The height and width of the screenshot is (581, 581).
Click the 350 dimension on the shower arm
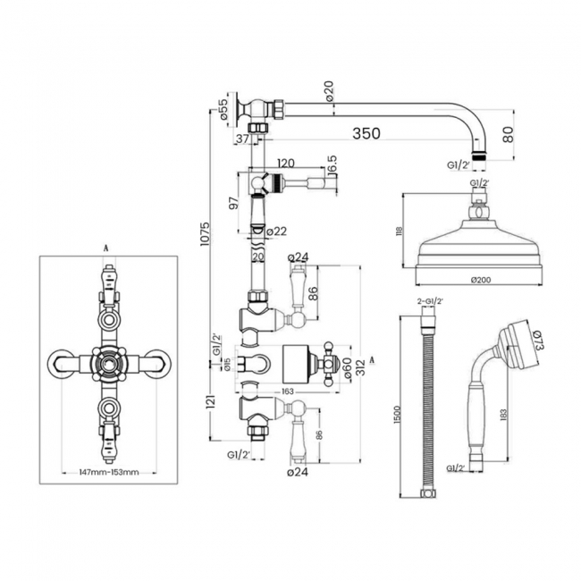[366, 133]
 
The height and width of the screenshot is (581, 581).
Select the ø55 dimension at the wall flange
[220, 112]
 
